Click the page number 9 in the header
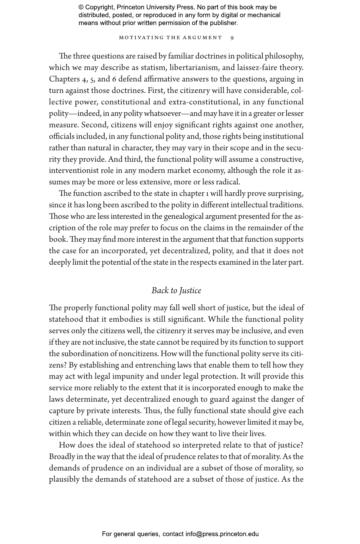point(232,38)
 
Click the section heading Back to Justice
point(176,291)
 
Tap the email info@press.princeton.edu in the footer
point(222,534)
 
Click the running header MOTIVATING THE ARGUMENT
point(170,38)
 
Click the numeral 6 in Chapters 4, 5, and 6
point(115,79)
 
